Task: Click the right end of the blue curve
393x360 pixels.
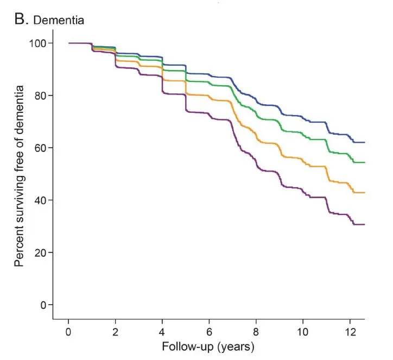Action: click(364, 142)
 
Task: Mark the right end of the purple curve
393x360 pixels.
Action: click(364, 224)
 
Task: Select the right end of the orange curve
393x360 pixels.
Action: click(364, 193)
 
